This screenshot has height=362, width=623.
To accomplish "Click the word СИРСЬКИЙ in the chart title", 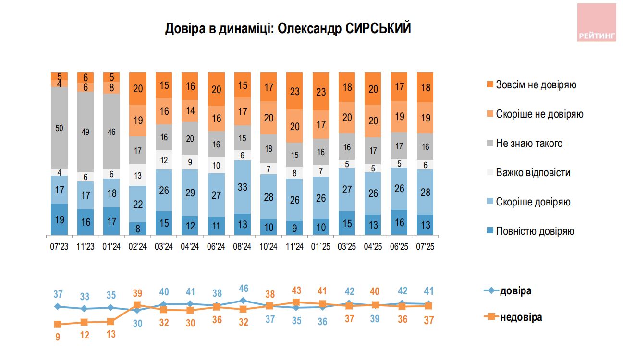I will [378, 29].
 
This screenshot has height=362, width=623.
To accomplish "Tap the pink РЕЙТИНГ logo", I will [596, 23].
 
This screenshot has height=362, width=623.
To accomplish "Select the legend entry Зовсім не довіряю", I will [536, 85].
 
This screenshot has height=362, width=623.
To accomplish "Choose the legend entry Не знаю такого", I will [529, 144].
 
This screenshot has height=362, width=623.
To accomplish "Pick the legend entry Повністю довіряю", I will [535, 231].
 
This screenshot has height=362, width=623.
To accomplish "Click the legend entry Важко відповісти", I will [533, 173].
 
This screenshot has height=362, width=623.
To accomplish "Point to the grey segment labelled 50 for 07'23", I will [59, 127].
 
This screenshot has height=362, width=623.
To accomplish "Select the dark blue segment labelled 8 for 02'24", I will [138, 229].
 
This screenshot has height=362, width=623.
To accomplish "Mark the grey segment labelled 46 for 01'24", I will [111, 131].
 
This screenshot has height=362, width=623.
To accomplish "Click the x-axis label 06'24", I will [217, 247].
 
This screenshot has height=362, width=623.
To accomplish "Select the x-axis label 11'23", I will [85, 247].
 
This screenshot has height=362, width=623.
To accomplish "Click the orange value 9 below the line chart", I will [58, 337].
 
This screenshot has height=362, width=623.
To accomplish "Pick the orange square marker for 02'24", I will [137, 305].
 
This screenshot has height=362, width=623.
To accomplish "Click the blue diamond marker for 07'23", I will [58, 306].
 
